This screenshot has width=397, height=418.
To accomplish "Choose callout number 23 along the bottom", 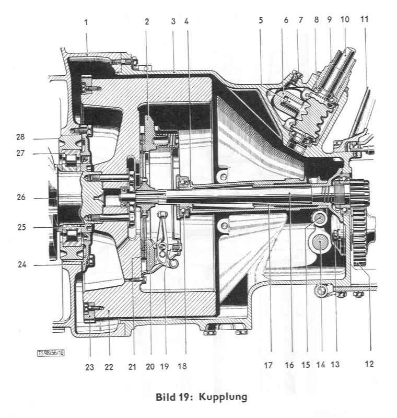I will [x=90, y=367].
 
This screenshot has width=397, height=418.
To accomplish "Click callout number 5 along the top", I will [x=261, y=22].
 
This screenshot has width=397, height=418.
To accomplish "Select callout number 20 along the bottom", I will [x=150, y=367].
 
